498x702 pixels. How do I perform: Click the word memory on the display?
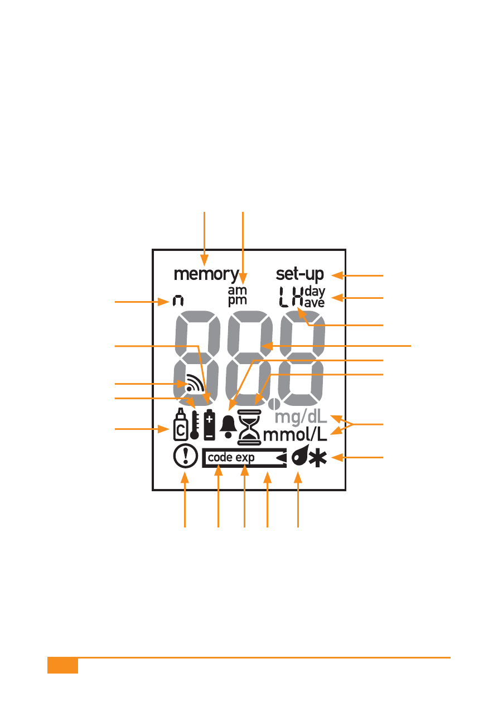pos(206,275)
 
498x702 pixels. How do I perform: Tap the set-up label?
pos(299,274)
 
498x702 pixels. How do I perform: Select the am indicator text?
pos(237,290)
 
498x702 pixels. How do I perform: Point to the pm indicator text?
pos(237,301)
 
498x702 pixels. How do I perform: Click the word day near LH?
pos(315,292)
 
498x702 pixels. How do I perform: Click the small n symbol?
pos(178,301)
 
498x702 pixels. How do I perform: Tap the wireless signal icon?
pos(195,383)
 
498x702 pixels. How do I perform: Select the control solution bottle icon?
pos(181,424)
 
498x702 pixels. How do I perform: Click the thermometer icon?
pos(194,425)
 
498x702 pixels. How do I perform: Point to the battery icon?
pos(209,425)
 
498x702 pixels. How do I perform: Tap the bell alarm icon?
pos(229,427)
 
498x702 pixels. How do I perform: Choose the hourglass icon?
pos(249,428)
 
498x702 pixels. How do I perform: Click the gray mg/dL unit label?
pos(301,418)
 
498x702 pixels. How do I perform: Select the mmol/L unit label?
pos(295,435)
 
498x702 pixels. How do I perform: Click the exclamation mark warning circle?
pos(186,457)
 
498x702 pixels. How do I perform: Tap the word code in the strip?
pos(220,458)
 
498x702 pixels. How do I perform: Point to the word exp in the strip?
pos(245,458)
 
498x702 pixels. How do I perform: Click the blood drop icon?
pos(300,456)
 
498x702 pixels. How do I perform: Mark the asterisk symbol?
pos(318,458)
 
